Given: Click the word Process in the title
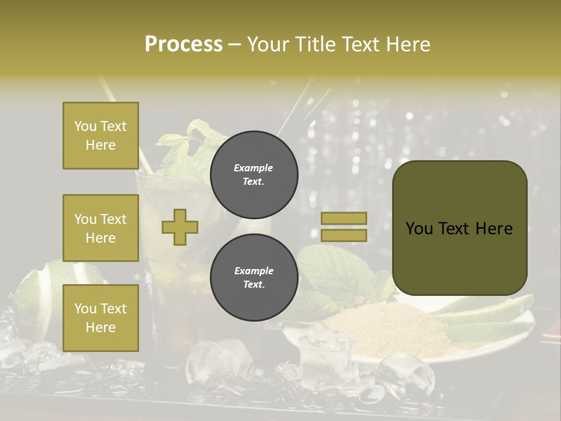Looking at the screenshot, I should pyautogui.click(x=183, y=44).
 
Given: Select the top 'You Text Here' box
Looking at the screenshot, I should pyautogui.click(x=101, y=136).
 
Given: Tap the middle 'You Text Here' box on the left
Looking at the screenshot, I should pyautogui.click(x=101, y=228).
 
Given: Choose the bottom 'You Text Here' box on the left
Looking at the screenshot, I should pyautogui.click(x=101, y=318).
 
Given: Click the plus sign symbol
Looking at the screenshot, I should pyautogui.click(x=180, y=227).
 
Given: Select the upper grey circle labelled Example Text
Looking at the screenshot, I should pyautogui.click(x=254, y=175).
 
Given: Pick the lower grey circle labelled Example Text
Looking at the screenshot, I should pyautogui.click(x=254, y=278).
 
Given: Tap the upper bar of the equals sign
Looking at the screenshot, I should pyautogui.click(x=344, y=218).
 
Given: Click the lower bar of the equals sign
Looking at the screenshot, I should pyautogui.click(x=344, y=235).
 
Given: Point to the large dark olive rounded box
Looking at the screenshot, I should pyautogui.click(x=459, y=228).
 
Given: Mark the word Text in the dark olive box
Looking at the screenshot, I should pyautogui.click(x=458, y=228).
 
